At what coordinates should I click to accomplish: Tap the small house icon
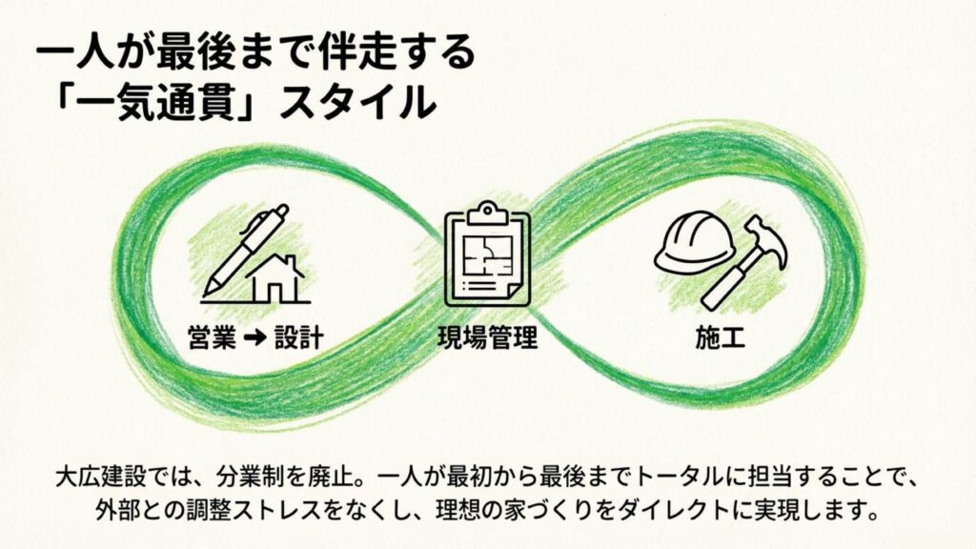(x=276, y=279)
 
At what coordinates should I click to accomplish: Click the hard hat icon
(x=695, y=242)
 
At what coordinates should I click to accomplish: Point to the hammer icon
(x=744, y=262)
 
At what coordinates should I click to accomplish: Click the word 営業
(x=213, y=338)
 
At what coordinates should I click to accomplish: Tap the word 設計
(x=299, y=338)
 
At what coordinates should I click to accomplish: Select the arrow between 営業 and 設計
(x=255, y=338)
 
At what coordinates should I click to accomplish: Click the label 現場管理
(x=487, y=338)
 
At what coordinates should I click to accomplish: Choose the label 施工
(x=721, y=338)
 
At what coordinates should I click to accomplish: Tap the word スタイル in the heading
(x=357, y=102)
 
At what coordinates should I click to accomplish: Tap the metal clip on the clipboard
(x=487, y=213)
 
